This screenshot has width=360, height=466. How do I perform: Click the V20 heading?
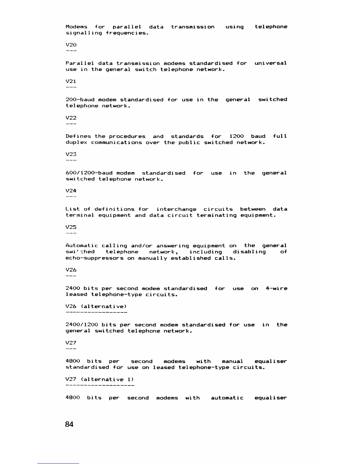71,45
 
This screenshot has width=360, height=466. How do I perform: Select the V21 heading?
71,81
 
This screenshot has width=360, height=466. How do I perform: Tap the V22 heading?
71,118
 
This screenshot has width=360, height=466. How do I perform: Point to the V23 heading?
71,154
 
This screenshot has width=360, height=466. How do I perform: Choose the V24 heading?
71,191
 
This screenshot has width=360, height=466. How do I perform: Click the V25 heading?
71,227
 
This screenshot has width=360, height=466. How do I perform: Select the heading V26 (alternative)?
96,307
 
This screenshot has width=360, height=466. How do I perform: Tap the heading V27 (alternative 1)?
99,380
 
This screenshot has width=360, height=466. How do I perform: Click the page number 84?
69,424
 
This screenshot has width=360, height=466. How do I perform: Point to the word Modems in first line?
76,27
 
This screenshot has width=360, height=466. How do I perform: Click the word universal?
270,63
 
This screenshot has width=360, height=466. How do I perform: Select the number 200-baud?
80,100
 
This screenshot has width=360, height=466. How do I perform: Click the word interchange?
176,209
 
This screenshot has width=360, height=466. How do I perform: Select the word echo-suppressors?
94,258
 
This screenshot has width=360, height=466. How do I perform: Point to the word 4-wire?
276,288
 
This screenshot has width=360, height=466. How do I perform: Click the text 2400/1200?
82,325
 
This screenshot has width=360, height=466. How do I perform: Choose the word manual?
232,361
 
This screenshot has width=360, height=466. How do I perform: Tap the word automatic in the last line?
227,398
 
